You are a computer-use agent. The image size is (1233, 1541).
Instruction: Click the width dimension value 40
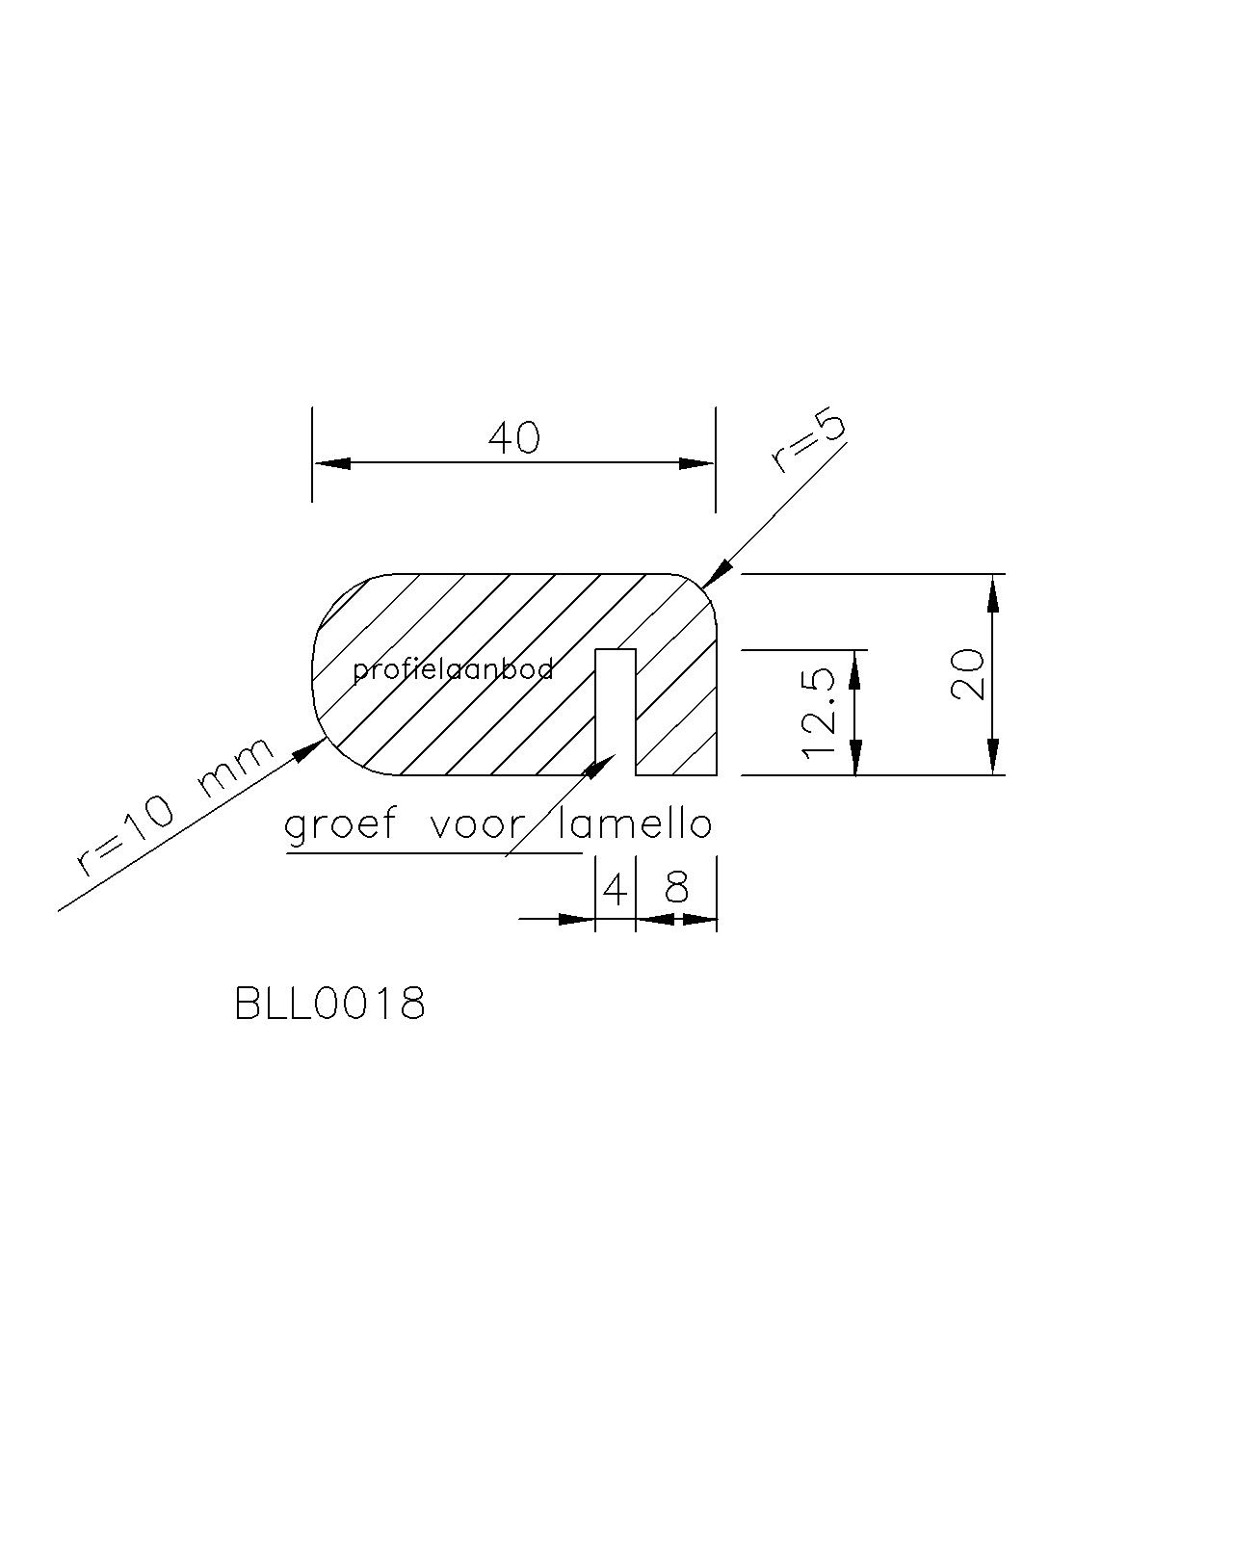click(x=513, y=438)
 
